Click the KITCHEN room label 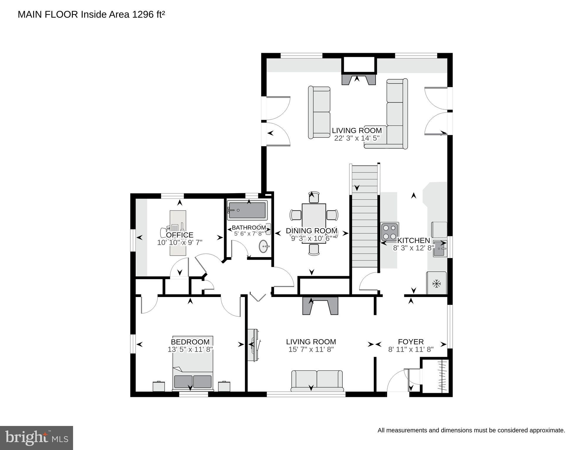tap(413, 240)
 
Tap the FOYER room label tap(411, 342)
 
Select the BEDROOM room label tap(190, 342)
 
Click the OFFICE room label tap(180, 235)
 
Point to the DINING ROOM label tap(312, 231)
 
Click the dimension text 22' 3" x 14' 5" tap(357, 138)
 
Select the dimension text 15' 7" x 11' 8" tap(311, 349)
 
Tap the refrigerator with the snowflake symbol tap(437, 283)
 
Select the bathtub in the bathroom tap(248, 210)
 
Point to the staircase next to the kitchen tap(364, 217)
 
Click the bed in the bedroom tap(193, 364)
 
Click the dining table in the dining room tap(314, 223)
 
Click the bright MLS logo tap(36, 438)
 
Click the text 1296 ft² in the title tap(148, 14)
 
